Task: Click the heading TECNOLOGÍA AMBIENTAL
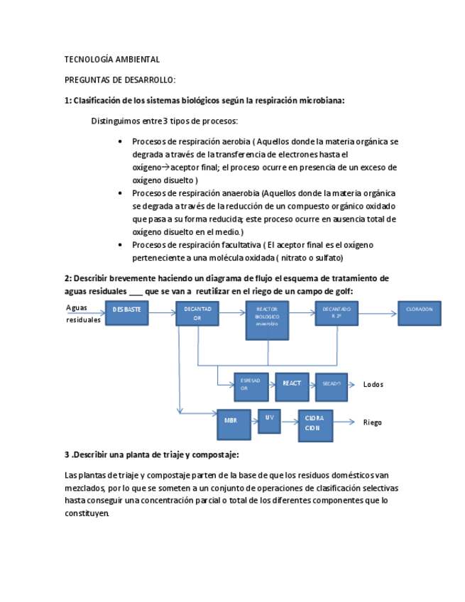[x=112, y=60]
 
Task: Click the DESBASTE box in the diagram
[x=127, y=313]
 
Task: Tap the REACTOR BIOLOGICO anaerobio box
[x=267, y=317]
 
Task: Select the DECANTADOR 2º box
[x=337, y=313]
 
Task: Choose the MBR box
[x=234, y=422]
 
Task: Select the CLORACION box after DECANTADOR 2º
[x=419, y=313]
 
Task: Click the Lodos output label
[x=373, y=384]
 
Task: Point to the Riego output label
[x=372, y=422]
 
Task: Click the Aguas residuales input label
[x=83, y=314]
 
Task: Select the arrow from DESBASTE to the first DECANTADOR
[x=162, y=312]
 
